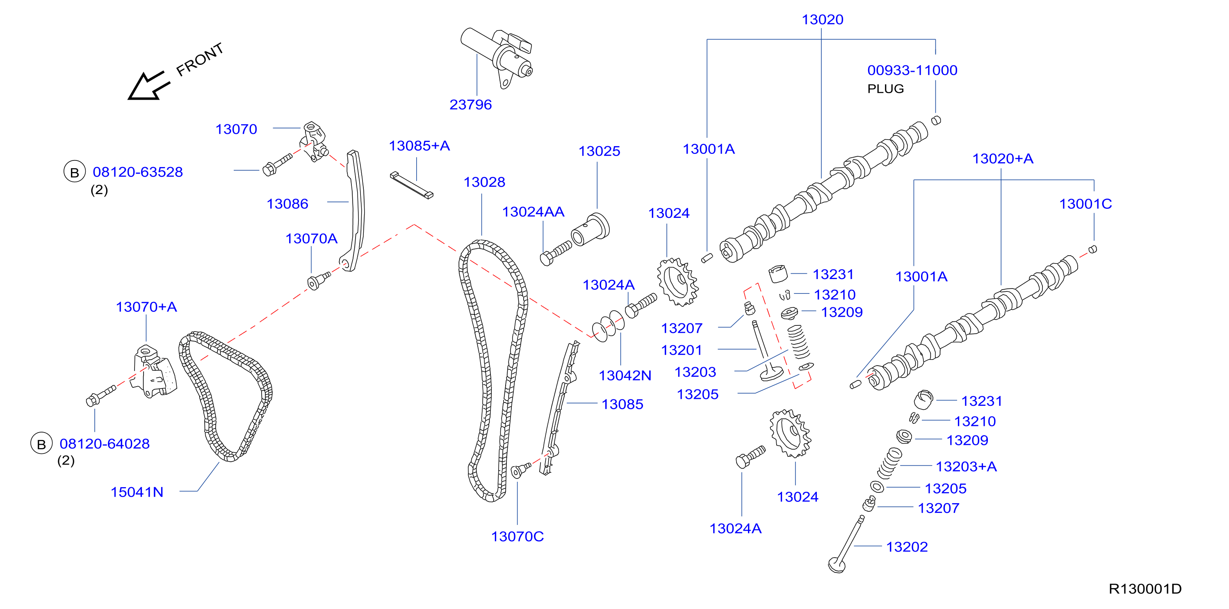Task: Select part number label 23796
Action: (x=470, y=105)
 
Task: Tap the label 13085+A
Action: (x=420, y=146)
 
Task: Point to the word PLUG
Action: (x=885, y=89)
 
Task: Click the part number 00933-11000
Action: (x=912, y=70)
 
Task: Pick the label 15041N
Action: (x=137, y=492)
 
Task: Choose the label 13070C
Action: (x=518, y=536)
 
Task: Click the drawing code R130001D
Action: (x=1145, y=589)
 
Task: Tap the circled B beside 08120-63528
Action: (x=74, y=172)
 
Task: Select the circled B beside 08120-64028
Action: (x=41, y=444)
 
